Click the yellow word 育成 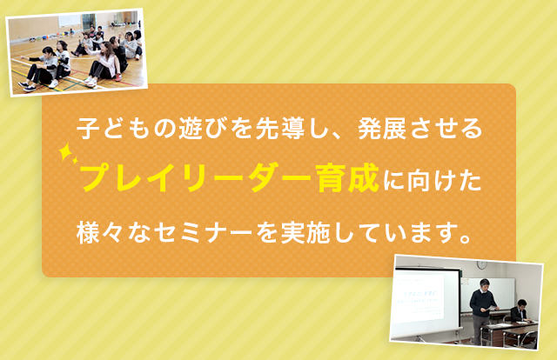pyautogui.click(x=348, y=177)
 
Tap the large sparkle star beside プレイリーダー pyautogui.click(x=65, y=152)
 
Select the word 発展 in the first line pyautogui.click(x=382, y=129)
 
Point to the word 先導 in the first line pyautogui.click(x=280, y=129)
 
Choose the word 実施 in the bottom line pyautogui.click(x=305, y=232)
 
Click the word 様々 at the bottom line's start pyautogui.click(x=100, y=232)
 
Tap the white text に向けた pyautogui.click(x=432, y=180)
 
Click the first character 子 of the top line pyautogui.click(x=89, y=129)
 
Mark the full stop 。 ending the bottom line pyautogui.click(x=465, y=238)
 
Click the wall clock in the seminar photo pyautogui.click(x=481, y=265)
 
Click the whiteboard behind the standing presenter pyautogui.click(x=487, y=294)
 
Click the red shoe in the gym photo pyautogui.click(x=118, y=77)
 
